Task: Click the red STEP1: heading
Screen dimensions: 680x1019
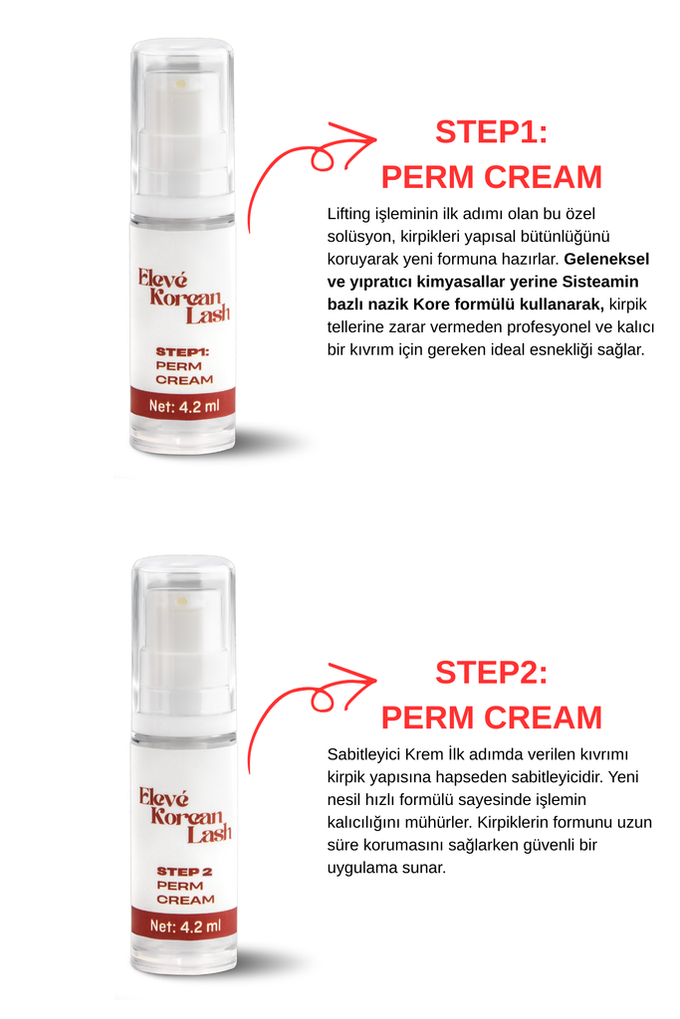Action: point(492,132)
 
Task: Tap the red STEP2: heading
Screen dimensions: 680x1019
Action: point(492,673)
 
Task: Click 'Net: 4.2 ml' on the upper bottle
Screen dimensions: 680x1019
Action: point(184,407)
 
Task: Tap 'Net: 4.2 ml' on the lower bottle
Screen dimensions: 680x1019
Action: point(185,926)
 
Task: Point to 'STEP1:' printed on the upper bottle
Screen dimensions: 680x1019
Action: point(182,352)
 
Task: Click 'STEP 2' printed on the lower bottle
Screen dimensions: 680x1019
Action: point(184,872)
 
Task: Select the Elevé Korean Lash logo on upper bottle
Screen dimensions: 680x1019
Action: point(183,297)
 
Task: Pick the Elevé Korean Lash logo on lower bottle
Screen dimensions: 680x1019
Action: point(184,815)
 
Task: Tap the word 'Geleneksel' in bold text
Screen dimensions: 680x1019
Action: point(606,259)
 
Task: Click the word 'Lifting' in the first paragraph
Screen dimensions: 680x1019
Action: point(349,214)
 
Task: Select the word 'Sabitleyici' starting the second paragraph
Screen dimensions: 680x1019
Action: point(364,754)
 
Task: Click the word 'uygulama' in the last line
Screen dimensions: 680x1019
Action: point(358,868)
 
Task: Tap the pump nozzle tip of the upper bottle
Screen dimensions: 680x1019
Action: point(181,84)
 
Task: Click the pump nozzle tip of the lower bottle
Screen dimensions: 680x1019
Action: point(182,602)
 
